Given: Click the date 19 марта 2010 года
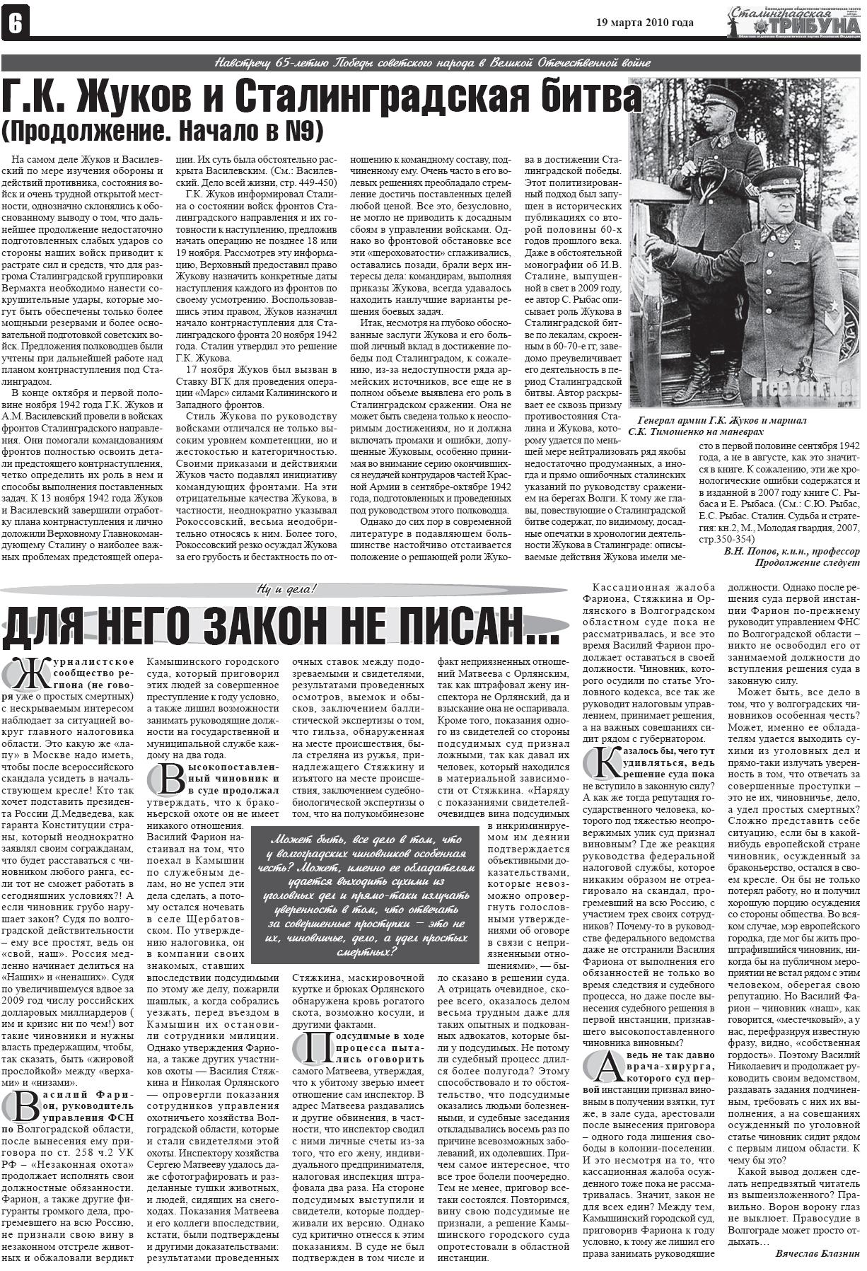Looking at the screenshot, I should pyautogui.click(x=645, y=23).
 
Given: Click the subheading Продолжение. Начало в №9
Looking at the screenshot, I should pyautogui.click(x=162, y=132).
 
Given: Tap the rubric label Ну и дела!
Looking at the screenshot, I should pyautogui.click(x=286, y=588).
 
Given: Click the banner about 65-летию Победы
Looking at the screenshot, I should pyautogui.click(x=433, y=63).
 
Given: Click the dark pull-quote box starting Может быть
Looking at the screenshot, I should pyautogui.click(x=361, y=894).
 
